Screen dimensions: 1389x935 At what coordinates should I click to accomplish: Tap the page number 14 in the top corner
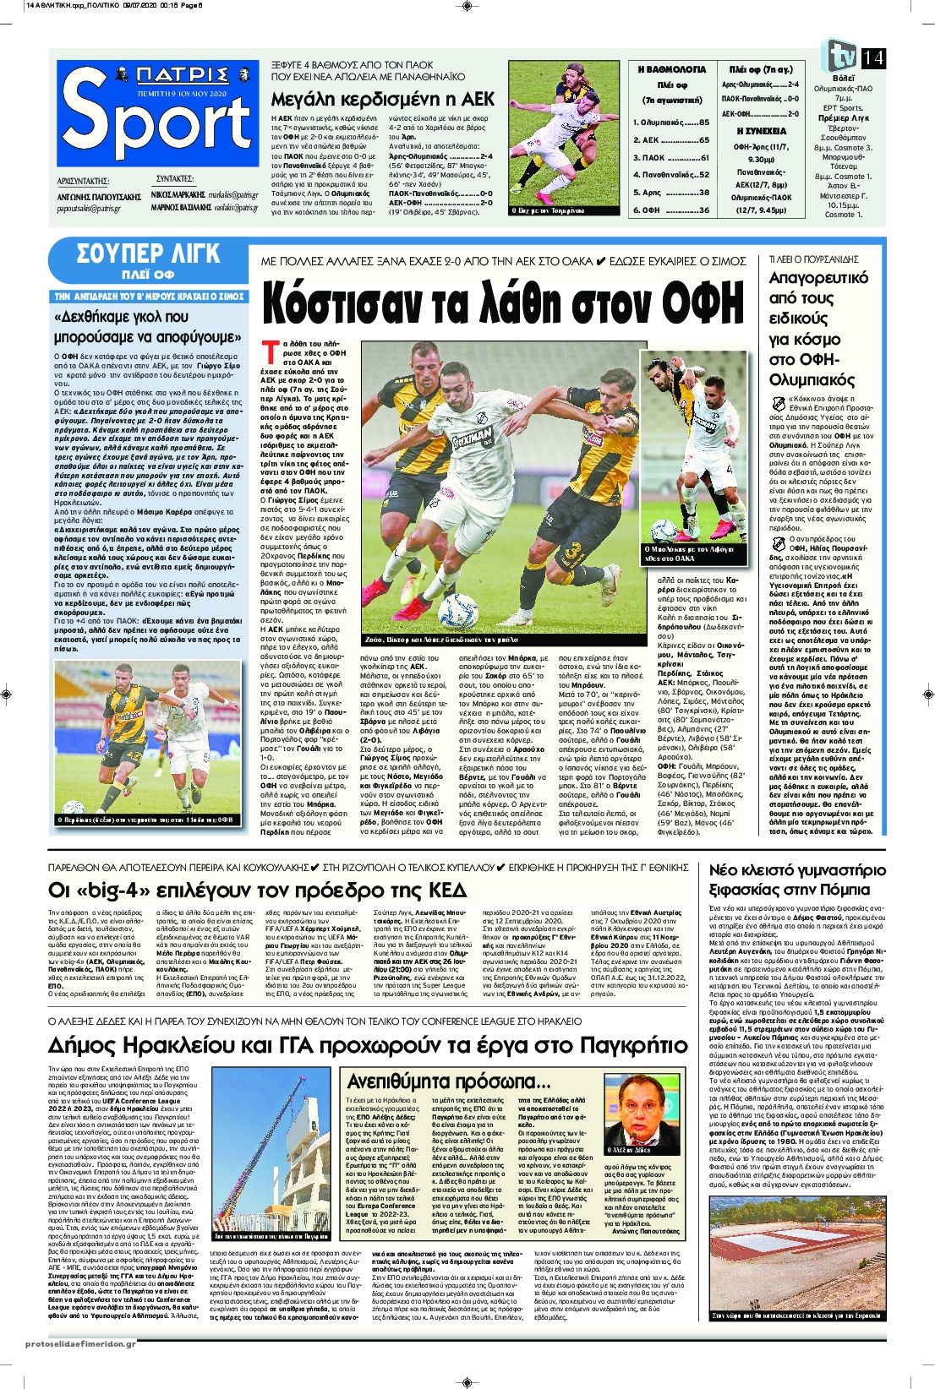pyautogui.click(x=873, y=57)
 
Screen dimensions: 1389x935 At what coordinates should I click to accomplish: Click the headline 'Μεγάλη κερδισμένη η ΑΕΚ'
pyautogui.click(x=383, y=98)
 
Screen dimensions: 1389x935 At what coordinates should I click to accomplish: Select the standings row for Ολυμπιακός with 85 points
pyautogui.click(x=670, y=123)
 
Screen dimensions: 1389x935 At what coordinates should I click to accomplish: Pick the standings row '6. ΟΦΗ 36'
pyautogui.click(x=670, y=210)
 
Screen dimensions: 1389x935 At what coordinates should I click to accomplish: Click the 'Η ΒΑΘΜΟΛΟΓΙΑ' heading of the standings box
pyautogui.click(x=671, y=69)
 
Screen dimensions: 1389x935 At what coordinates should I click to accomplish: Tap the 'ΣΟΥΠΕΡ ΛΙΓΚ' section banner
pyautogui.click(x=148, y=253)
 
